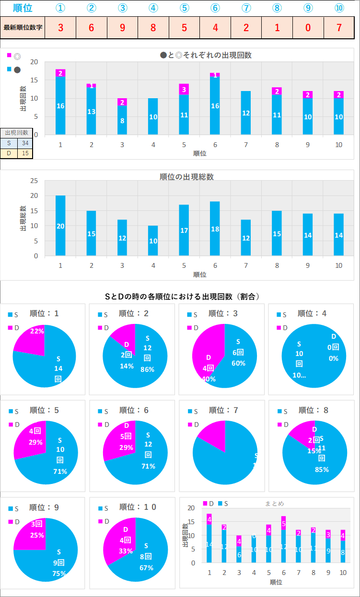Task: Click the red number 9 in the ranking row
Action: click(122, 27)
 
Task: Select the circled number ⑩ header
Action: click(339, 8)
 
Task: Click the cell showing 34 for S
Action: click(24, 143)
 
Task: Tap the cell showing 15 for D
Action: click(24, 153)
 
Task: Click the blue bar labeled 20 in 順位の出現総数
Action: click(60, 226)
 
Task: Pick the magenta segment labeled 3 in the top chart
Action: click(184, 89)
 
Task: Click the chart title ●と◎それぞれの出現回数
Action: click(206, 55)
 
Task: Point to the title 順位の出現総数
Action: click(186, 177)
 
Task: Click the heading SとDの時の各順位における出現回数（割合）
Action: click(182, 297)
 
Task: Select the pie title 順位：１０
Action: click(138, 507)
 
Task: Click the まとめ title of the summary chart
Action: click(274, 503)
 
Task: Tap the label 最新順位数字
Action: click(23, 27)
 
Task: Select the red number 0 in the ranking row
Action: click(308, 27)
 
